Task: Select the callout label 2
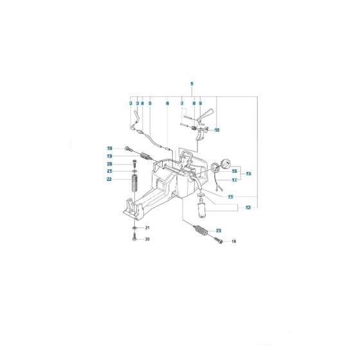click(x=130, y=104)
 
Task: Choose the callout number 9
click(x=200, y=104)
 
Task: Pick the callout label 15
click(x=249, y=174)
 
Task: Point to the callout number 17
click(x=235, y=180)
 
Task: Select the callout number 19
click(x=110, y=156)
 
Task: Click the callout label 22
click(x=110, y=179)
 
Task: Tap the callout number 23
click(x=219, y=230)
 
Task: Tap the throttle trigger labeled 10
click(x=207, y=117)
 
